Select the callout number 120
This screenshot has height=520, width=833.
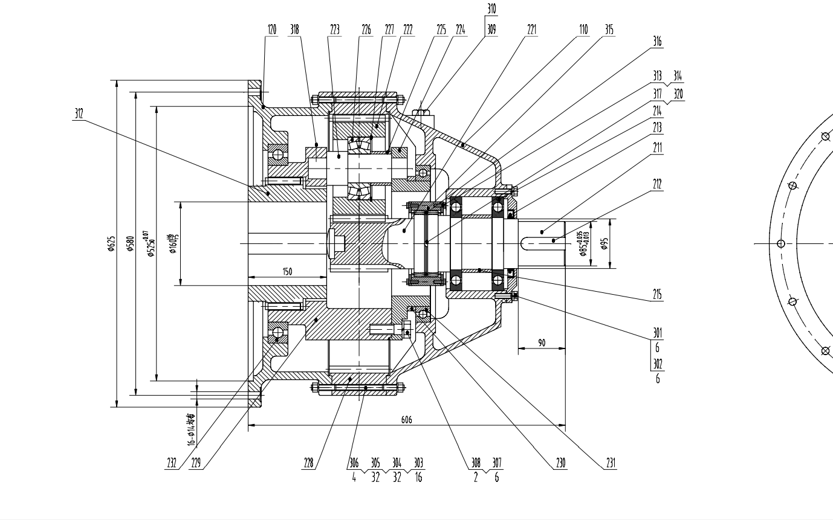pyautogui.click(x=271, y=30)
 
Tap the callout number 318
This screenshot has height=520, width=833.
pyautogui.click(x=294, y=30)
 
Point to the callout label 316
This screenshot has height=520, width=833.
pyautogui.click(x=657, y=42)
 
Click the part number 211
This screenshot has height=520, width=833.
pyautogui.click(x=657, y=147)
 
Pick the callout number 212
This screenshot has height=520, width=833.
pyautogui.click(x=657, y=184)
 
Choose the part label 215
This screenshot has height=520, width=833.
pyautogui.click(x=657, y=295)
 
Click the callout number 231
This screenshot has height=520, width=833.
pyautogui.click(x=611, y=463)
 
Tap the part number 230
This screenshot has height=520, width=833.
pyautogui.click(x=561, y=463)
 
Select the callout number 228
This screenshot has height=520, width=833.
pyautogui.click(x=309, y=463)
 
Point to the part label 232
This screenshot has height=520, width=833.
pyautogui.click(x=172, y=463)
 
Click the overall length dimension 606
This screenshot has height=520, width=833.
pyautogui.click(x=406, y=420)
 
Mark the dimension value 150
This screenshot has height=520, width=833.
pyautogui.click(x=287, y=272)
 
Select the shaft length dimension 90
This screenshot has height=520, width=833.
pyautogui.click(x=542, y=343)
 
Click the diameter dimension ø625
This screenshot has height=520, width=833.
pyautogui.click(x=111, y=243)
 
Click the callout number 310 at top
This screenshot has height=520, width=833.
pyautogui.click(x=491, y=9)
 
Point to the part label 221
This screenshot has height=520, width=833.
pyautogui.click(x=531, y=30)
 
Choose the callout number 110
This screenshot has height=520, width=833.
pyautogui.click(x=583, y=30)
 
